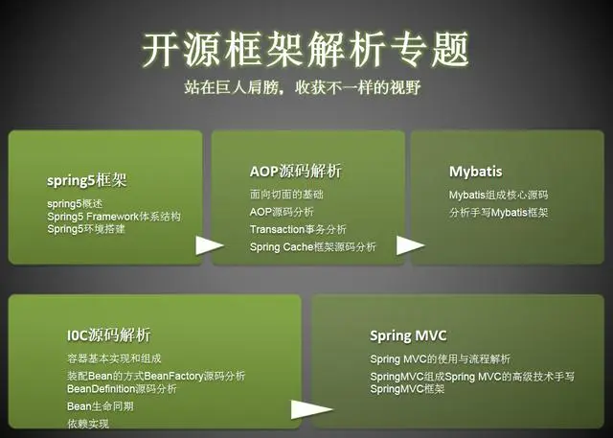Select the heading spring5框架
click(87, 179)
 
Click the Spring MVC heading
click(408, 335)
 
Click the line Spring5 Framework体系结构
click(113, 216)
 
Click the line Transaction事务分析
click(298, 229)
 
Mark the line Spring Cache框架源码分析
click(312, 247)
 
